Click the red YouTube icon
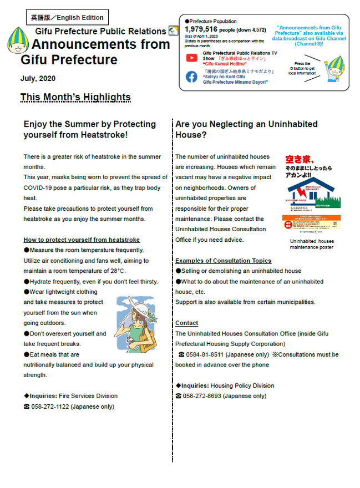(191, 58)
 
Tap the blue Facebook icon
(191, 77)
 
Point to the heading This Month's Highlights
(75, 98)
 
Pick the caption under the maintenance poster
(312, 244)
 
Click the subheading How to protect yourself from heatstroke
(82, 240)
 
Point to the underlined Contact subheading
(186, 323)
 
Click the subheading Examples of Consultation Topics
(223, 261)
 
